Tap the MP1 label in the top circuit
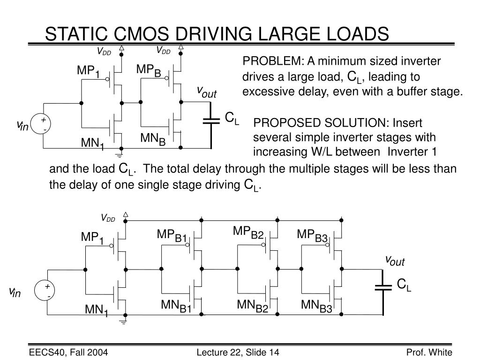click(89, 71)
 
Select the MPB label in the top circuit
click(149, 71)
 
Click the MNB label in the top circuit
click(153, 139)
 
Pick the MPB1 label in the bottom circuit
click(172, 236)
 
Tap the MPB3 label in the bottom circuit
click(312, 235)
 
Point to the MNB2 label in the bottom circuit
click(252, 306)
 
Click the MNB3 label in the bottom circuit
click(316, 307)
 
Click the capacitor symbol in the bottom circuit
click(383, 286)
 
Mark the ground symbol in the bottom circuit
click(124, 322)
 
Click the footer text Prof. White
click(429, 352)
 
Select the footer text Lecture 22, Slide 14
click(237, 352)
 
